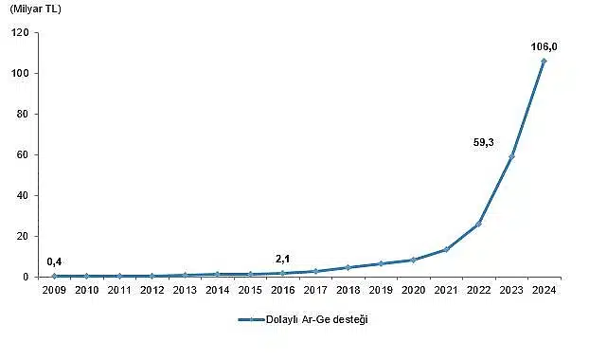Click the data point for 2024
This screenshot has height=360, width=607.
coord(544,61)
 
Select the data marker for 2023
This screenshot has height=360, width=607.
coord(511,156)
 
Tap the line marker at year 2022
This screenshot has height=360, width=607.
coord(478,224)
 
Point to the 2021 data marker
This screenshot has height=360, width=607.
coord(446,249)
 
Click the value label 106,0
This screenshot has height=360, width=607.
coord(544,45)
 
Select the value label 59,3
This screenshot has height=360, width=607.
coord(483,143)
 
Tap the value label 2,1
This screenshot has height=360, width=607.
coord(283,259)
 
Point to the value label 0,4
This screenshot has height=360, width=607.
coord(55,261)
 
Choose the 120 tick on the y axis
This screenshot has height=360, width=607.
coord(21,33)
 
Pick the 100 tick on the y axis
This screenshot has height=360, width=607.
coord(21,74)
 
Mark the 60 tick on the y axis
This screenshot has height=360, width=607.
coord(24,155)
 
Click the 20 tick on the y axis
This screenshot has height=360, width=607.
coord(24,237)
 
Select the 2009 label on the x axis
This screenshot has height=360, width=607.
coord(54,290)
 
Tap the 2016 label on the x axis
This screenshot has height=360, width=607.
coord(282,290)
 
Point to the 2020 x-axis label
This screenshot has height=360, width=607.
coord(413,290)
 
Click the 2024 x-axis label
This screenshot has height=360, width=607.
coord(544,290)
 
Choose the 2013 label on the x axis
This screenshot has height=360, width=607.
coord(185,290)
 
